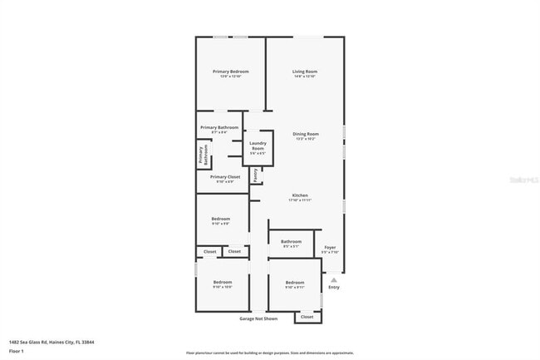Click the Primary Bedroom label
coord(230,72)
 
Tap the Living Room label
coord(305,72)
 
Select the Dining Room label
coord(305,134)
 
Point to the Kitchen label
coord(299,195)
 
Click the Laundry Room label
coord(258,144)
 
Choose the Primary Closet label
coord(224,177)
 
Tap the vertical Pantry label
coord(256,175)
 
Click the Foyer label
coord(330,247)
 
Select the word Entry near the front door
coord(334,287)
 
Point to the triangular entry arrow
coord(334,279)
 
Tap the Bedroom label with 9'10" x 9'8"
coord(220,219)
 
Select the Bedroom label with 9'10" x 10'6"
coord(222,283)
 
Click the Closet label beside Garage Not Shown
coord(307,317)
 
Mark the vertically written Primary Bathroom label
coord(200,155)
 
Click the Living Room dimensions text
coord(305,76)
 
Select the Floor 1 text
coord(17,351)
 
